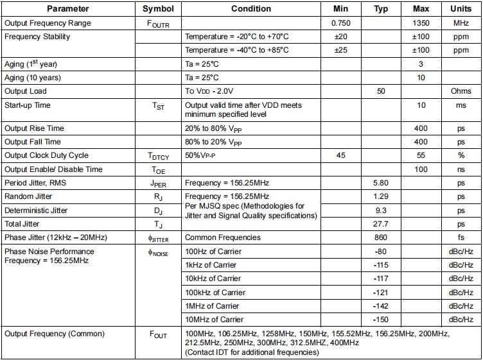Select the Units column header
pyautogui.click(x=461, y=9)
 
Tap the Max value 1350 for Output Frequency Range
pyautogui.click(x=421, y=23)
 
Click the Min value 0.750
pyautogui.click(x=340, y=23)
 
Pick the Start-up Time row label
pyautogui.click(x=28, y=105)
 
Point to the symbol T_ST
pyautogui.click(x=157, y=107)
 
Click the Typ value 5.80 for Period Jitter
pyautogui.click(x=381, y=183)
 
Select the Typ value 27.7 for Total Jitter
pyautogui.click(x=381, y=224)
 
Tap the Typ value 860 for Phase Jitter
pyautogui.click(x=381, y=237)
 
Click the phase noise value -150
pyautogui.click(x=381, y=320)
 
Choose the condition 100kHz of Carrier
pyautogui.click(x=215, y=292)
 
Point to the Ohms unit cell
pyautogui.click(x=461, y=91)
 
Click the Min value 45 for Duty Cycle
pyautogui.click(x=340, y=155)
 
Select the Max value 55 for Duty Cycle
pyautogui.click(x=421, y=155)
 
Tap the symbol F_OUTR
pyautogui.click(x=157, y=24)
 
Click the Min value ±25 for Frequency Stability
pyautogui.click(x=340, y=50)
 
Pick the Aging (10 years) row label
pyautogui.click(x=33, y=78)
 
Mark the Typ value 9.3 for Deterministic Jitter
pyautogui.click(x=381, y=210)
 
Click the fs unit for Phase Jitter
pyautogui.click(x=461, y=237)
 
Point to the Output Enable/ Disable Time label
pyautogui.click(x=53, y=169)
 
